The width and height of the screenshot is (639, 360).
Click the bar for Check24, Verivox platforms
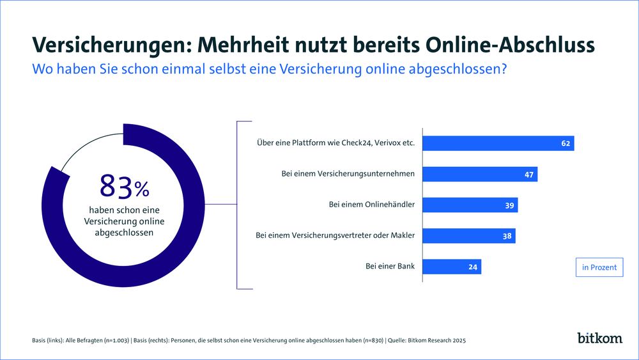pyautogui.click(x=498, y=143)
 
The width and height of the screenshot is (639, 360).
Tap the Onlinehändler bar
pyautogui.click(x=470, y=205)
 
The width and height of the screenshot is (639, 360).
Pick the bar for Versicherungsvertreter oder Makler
pyautogui.click(x=469, y=235)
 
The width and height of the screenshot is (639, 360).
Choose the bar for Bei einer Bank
pyautogui.click(x=452, y=267)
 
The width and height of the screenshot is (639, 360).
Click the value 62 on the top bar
pyautogui.click(x=566, y=143)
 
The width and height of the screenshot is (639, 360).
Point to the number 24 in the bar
pyautogui.click(x=473, y=267)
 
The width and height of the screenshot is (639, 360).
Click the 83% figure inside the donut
pyautogui.click(x=124, y=187)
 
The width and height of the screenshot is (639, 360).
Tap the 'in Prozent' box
pyautogui.click(x=599, y=267)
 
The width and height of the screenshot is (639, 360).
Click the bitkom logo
pyautogui.click(x=599, y=338)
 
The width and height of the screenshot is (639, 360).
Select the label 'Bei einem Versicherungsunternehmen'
pyautogui.click(x=348, y=174)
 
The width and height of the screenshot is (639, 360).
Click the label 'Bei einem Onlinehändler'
pyautogui.click(x=372, y=205)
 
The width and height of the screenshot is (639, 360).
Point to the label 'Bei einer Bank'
pyautogui.click(x=389, y=267)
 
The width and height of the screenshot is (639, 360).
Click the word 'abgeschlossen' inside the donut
pyautogui.click(x=124, y=233)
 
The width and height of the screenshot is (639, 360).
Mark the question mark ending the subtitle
pyautogui.click(x=504, y=69)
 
